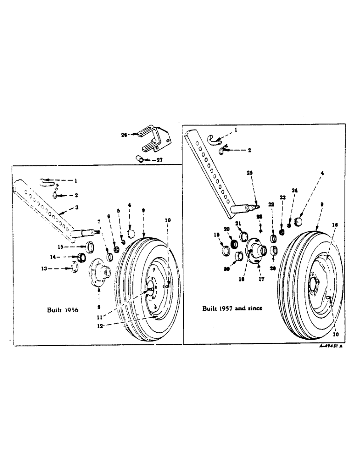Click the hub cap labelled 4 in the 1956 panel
click(131, 232)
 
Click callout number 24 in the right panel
click(294, 191)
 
